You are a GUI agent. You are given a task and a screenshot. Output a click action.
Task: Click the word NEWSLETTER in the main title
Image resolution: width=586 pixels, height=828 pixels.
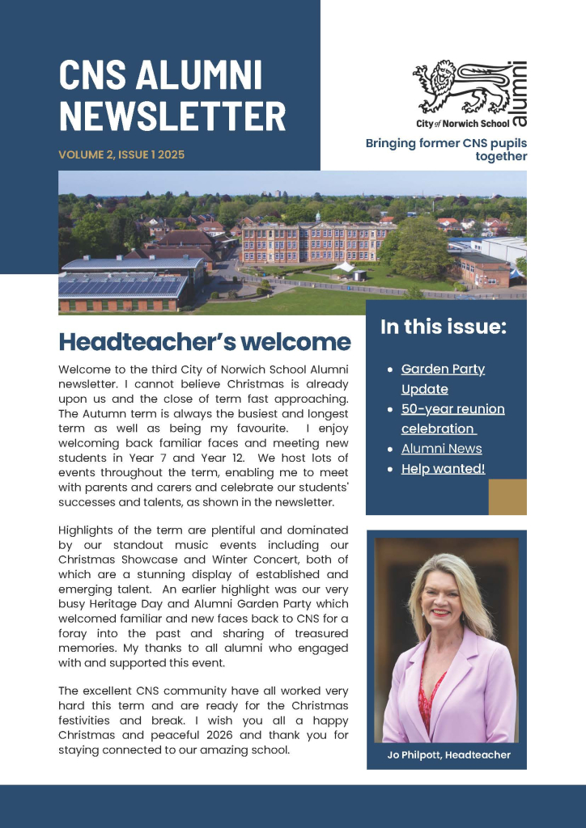[172, 116]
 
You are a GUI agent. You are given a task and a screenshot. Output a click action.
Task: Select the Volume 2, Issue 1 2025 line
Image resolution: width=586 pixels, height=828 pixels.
[121, 154]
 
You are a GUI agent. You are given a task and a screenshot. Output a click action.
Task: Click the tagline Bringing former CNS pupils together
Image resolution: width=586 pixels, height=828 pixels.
[447, 150]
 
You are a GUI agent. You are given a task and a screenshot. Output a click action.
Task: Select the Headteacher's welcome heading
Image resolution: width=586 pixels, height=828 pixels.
[205, 342]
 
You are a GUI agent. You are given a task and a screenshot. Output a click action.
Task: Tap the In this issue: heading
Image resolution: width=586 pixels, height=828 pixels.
[444, 327]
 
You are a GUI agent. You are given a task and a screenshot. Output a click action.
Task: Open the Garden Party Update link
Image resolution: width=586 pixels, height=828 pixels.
[443, 378]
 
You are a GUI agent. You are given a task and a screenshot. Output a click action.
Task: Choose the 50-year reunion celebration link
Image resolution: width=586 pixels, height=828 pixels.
[452, 418]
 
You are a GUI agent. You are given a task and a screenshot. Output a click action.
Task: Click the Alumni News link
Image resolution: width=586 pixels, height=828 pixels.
[441, 449]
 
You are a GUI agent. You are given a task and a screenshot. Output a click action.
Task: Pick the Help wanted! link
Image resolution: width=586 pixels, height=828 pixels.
[443, 469]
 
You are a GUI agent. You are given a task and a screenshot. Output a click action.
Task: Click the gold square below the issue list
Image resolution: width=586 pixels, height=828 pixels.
[507, 496]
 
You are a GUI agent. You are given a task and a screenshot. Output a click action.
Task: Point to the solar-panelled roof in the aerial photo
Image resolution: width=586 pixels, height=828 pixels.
[121, 285]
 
